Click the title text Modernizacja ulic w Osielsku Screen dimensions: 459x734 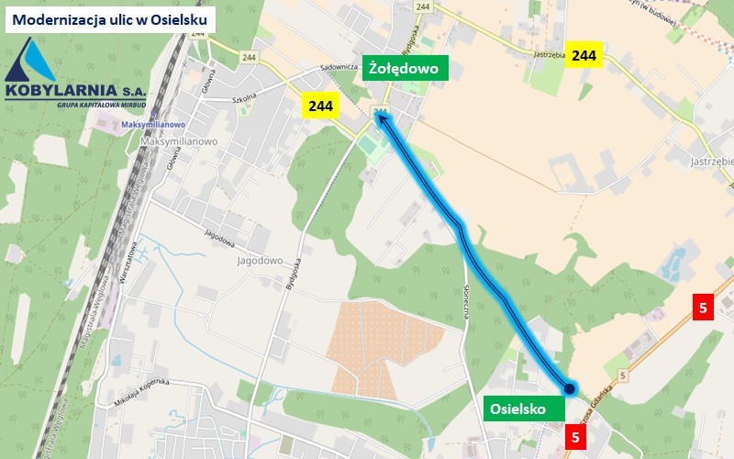click(x=109, y=18)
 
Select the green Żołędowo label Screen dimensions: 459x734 click(x=405, y=68)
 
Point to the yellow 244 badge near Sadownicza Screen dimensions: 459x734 click(x=320, y=106)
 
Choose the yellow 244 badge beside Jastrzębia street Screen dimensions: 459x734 click(x=584, y=55)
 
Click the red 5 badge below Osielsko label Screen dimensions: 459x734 click(x=575, y=437)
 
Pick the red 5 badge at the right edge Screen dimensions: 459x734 click(x=703, y=308)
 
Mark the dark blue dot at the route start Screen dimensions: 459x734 click(x=569, y=389)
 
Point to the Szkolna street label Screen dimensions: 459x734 click(x=243, y=98)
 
